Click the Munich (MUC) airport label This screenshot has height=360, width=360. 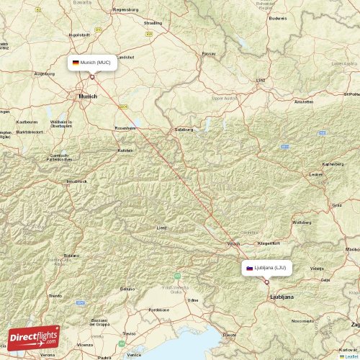point(96,63)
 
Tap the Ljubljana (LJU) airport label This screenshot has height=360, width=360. point(270,268)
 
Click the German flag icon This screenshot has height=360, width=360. point(75,63)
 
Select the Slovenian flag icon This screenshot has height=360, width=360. point(250,268)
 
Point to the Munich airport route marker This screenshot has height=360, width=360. point(91,76)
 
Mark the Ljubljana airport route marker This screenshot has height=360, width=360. point(266,282)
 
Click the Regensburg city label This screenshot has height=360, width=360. point(126,10)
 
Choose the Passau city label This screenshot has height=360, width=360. point(209,53)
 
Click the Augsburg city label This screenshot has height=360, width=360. point(45,73)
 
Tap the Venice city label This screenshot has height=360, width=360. point(134,354)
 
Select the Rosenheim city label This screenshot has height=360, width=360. point(125,127)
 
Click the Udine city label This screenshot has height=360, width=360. point(192,299)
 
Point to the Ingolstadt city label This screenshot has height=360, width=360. point(78,34)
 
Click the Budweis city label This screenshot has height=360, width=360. point(277,18)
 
